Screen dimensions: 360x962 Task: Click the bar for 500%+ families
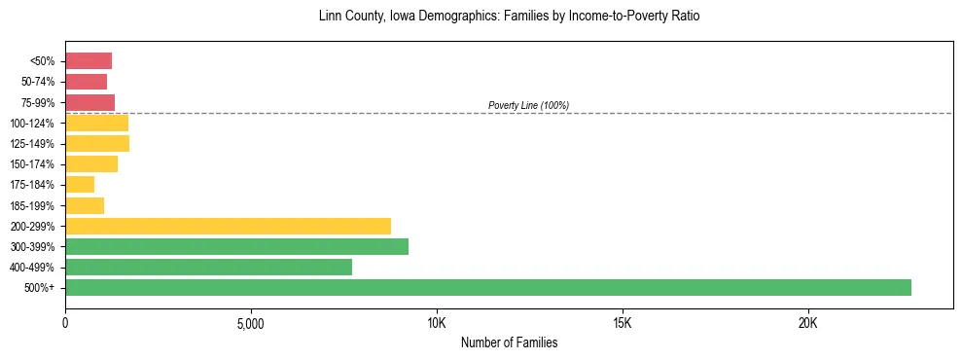pyautogui.click(x=488, y=288)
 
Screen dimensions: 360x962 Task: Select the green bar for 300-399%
pyautogui.click(x=236, y=247)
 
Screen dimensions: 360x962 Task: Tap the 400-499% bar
pyautogui.click(x=208, y=268)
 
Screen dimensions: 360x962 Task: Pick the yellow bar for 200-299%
pyautogui.click(x=228, y=227)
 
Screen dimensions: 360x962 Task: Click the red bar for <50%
pyautogui.click(x=89, y=61)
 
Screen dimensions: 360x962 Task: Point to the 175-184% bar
pyautogui.click(x=80, y=185)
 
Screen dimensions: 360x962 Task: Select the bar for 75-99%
pyautogui.click(x=89, y=102)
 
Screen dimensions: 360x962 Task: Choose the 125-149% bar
pyautogui.click(x=97, y=144)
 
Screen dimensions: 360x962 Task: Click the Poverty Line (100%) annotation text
pyautogui.click(x=528, y=105)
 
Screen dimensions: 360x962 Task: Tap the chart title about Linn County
pyautogui.click(x=509, y=17)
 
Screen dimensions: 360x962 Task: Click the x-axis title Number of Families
pyautogui.click(x=509, y=342)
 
